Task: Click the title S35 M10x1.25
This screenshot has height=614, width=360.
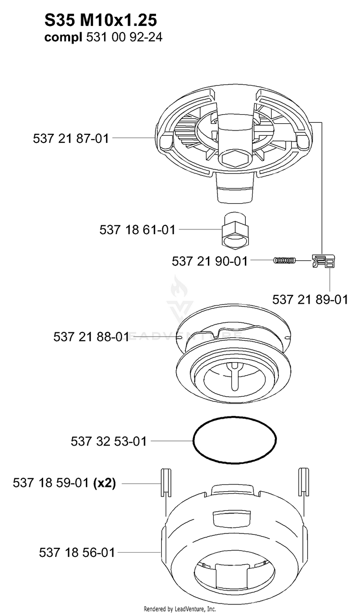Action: [101, 20]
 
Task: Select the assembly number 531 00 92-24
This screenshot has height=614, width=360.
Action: [124, 37]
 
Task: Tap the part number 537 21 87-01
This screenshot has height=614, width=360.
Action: [71, 139]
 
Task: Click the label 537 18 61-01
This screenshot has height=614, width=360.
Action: [137, 229]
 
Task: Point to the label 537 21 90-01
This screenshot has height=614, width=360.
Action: [210, 261]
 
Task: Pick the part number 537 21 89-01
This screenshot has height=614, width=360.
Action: [310, 299]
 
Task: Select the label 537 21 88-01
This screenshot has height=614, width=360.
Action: [91, 337]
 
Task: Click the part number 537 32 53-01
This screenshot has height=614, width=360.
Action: [108, 441]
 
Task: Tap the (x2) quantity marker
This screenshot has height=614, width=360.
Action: [105, 483]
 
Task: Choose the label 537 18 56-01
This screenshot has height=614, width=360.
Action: [77, 552]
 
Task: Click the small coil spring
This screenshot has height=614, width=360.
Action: [285, 260]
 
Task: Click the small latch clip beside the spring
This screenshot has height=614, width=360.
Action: [324, 260]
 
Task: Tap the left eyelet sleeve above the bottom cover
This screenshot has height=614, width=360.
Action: [166, 483]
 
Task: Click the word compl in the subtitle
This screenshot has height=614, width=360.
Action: [63, 37]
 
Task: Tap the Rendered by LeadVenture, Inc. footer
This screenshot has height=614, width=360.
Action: [180, 609]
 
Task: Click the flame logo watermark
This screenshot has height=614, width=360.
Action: [179, 287]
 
